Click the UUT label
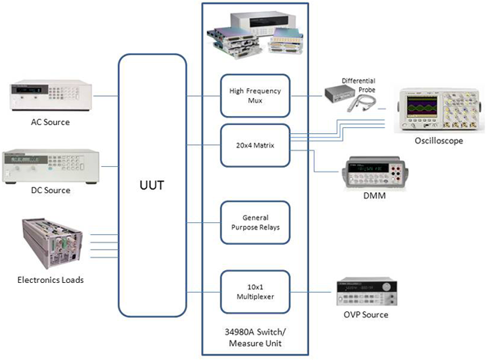coord(152,183)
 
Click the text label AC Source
coord(51,123)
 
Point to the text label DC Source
coord(51,190)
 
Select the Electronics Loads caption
coord(51,280)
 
